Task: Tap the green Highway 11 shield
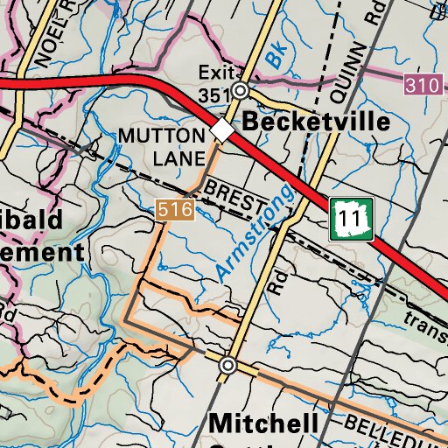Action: (352, 220)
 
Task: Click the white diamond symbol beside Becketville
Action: (222, 131)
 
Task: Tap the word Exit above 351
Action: (212, 72)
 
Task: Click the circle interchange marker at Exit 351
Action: (242, 90)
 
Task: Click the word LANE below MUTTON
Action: (178, 158)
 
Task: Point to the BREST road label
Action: (234, 196)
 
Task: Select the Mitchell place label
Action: (263, 423)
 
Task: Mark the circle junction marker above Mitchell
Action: (228, 364)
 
